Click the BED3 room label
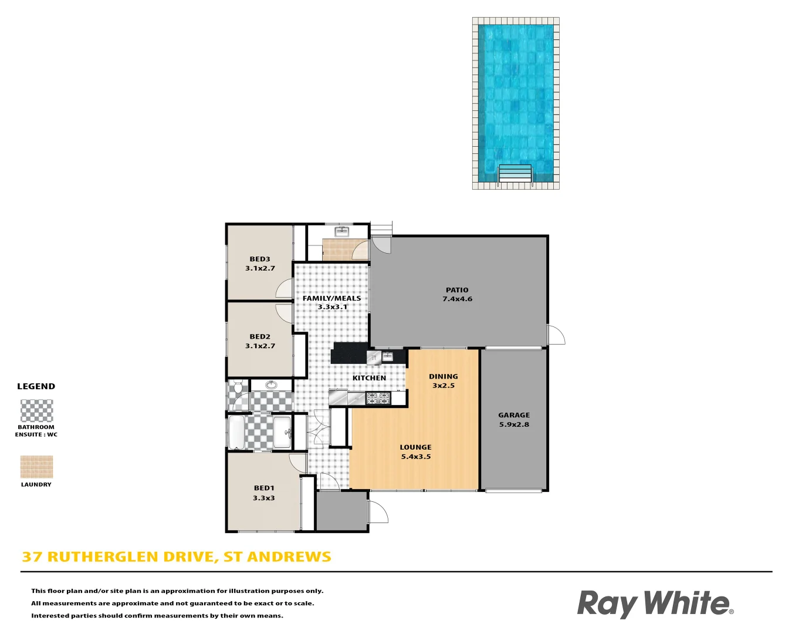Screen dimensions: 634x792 pos(260,259)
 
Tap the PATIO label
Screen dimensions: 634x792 pos(457,290)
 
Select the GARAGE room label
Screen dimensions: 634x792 pos(514,415)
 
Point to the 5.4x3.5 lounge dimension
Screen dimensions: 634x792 pos(416,457)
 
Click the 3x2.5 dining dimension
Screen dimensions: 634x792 pos(444,386)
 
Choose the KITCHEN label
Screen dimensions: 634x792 pos(369,378)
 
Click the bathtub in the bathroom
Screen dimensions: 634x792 pos(236,433)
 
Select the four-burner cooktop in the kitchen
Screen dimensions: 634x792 pos(378,399)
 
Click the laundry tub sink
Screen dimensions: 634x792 pos(342,231)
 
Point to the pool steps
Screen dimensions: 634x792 pos(515,174)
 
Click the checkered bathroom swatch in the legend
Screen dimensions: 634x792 pos(36,411)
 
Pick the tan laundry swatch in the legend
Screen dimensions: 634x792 pos(36,467)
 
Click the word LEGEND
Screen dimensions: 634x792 pos(36,386)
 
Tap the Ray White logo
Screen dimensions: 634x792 pos(655,603)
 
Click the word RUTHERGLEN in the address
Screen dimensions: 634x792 pos(103,557)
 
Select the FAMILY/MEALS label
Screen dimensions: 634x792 pos(332,298)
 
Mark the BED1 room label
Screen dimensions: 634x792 pos(264,488)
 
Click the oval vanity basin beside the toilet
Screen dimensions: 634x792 pos(271,385)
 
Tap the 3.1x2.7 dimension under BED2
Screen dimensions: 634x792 pos(260,346)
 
